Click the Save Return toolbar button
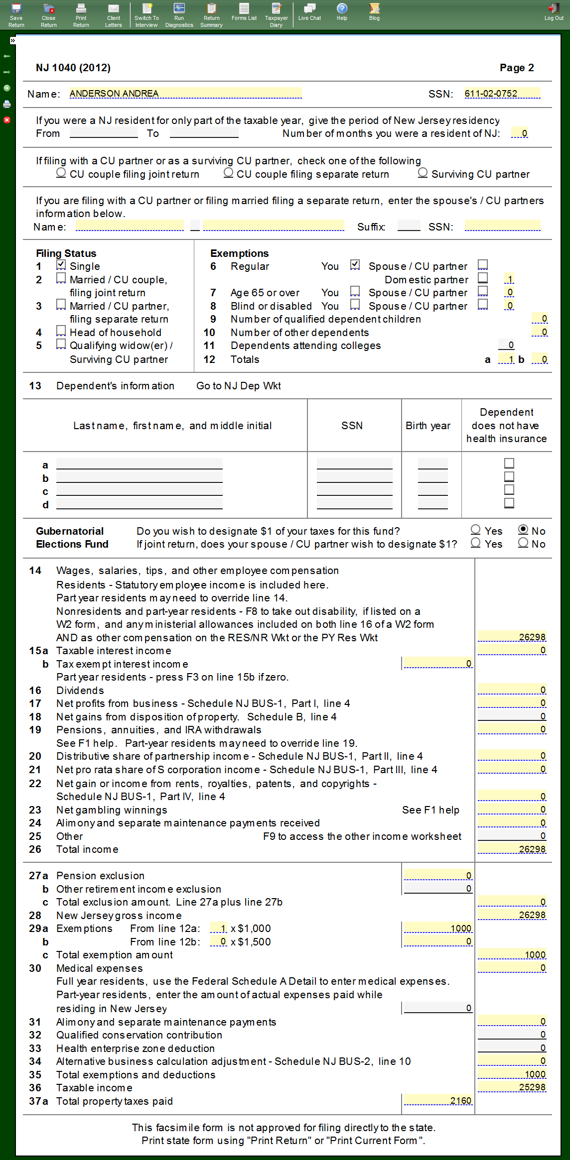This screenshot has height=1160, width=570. click(16, 14)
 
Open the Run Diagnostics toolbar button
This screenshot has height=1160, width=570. click(179, 14)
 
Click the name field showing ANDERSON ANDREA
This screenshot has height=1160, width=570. click(185, 94)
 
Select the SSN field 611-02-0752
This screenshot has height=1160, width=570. click(502, 94)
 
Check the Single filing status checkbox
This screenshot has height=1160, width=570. click(61, 265)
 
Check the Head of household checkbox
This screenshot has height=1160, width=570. click(61, 331)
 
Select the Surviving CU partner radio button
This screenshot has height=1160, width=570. click(423, 173)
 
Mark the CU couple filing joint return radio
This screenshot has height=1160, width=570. click(61, 173)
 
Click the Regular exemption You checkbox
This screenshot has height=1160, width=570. click(355, 265)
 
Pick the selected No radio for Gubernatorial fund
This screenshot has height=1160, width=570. click(523, 530)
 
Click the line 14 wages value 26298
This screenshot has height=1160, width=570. click(512, 637)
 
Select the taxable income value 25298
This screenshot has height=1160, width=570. click(512, 1087)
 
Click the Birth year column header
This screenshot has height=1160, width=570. click(428, 426)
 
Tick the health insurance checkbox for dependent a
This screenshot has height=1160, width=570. click(509, 464)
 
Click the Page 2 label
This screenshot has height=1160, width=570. click(517, 68)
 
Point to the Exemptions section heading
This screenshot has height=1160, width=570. click(239, 253)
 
